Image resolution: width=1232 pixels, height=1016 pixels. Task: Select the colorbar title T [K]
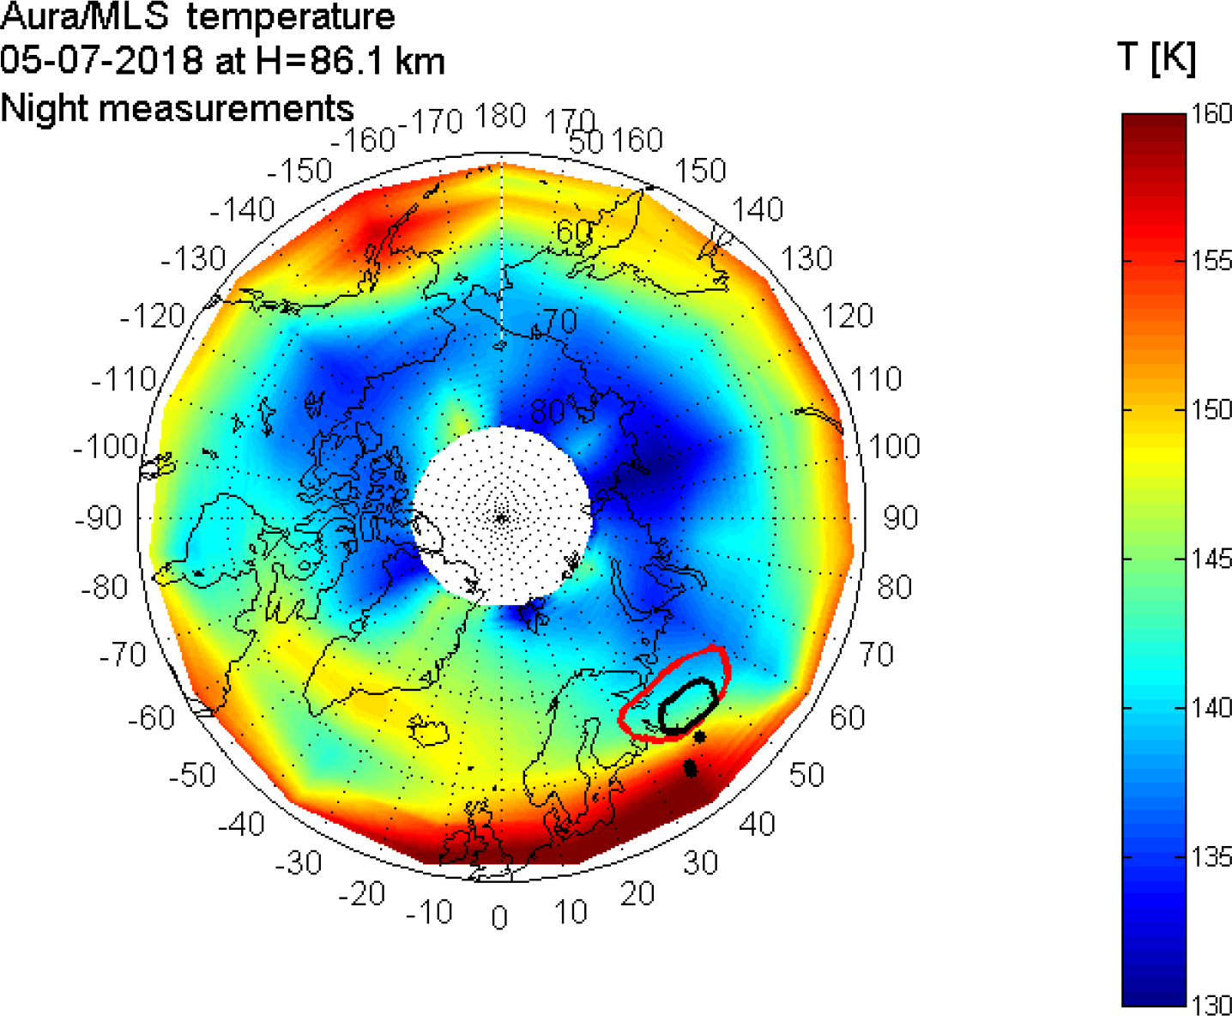[x=1156, y=58]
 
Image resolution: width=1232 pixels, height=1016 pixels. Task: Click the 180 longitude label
[x=500, y=116]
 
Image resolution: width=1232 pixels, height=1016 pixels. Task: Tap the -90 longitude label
[x=98, y=518]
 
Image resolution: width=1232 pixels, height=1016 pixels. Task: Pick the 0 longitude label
[x=499, y=918]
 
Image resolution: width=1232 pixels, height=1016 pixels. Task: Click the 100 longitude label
[x=894, y=446]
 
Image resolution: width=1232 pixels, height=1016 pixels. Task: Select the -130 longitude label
[x=193, y=258]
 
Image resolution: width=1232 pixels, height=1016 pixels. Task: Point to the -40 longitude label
[x=241, y=825]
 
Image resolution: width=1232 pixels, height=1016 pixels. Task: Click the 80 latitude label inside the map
[x=547, y=412]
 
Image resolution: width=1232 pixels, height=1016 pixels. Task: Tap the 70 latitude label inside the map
[x=559, y=321]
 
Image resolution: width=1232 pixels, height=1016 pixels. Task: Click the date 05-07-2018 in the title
[x=101, y=62]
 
